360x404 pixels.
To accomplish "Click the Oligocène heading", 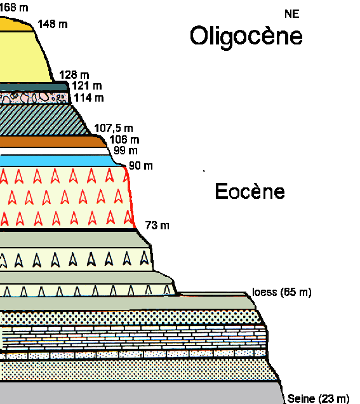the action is [246, 37].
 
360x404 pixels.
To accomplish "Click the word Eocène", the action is [250, 191].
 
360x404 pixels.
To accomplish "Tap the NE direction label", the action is [292, 14].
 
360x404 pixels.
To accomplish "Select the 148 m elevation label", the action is [53, 24].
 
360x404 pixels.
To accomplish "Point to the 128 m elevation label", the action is [74, 75].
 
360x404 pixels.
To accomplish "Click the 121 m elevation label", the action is [87, 86].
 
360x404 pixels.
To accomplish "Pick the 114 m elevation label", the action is [89, 98].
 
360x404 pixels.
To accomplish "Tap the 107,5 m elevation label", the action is [114, 128].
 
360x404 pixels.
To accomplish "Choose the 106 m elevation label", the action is [124, 140].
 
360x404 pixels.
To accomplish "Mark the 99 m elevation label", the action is [126, 151].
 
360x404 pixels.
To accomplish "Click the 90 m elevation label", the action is [141, 166].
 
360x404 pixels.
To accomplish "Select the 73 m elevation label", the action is [157, 226].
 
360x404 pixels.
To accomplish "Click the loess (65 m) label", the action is [282, 292].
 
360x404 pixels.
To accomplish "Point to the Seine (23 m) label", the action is [318, 398].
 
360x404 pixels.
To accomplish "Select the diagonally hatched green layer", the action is [44, 119].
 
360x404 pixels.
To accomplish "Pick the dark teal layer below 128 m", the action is [34, 87].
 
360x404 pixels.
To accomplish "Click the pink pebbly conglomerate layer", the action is [34, 98].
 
